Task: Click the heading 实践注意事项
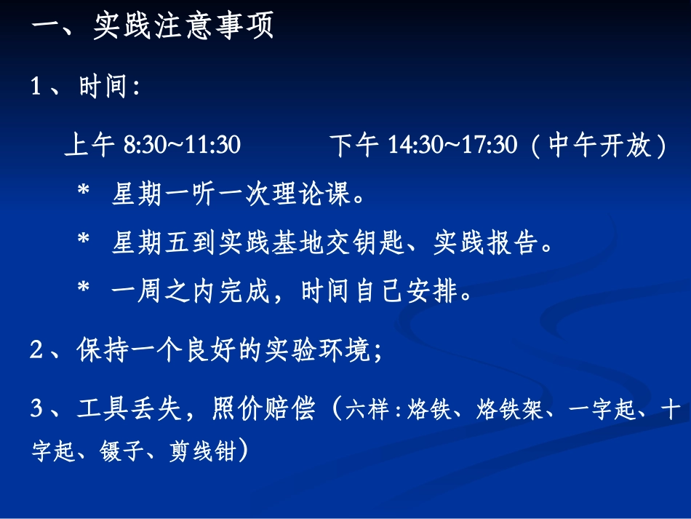[183, 27]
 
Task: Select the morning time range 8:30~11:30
[182, 146]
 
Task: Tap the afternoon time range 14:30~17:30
[452, 146]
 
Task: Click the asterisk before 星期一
[84, 195]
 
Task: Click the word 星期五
[150, 243]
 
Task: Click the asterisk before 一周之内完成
[84, 292]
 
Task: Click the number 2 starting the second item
[36, 350]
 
